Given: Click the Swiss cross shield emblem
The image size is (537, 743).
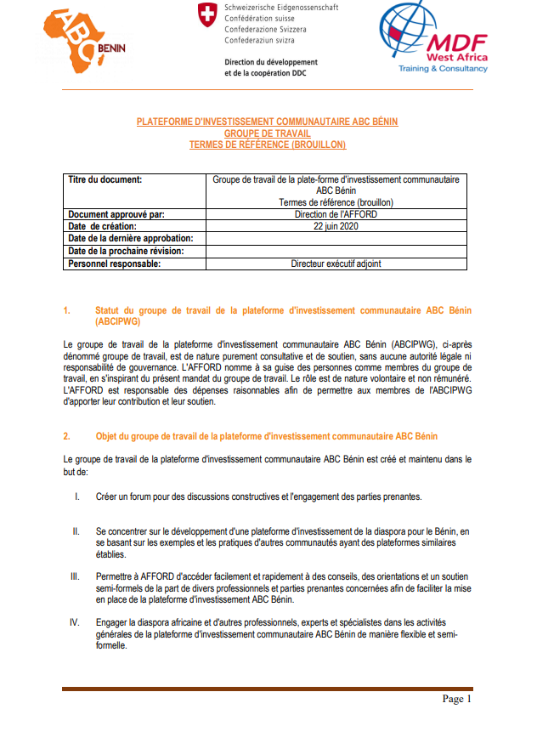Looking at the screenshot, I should (206, 14).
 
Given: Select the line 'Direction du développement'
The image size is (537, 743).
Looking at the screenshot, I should (270, 62).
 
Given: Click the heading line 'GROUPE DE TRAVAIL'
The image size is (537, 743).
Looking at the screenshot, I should (267, 133).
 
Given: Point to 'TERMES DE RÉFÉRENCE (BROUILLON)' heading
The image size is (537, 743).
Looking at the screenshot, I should (267, 145).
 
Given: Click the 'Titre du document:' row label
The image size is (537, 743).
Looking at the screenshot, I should (105, 179).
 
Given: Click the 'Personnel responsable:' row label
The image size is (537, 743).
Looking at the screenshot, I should (114, 264).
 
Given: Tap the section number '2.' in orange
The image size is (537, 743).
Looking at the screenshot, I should (67, 436).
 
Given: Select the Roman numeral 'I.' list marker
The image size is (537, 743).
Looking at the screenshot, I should (77, 496).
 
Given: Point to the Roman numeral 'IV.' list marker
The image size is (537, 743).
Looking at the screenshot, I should (75, 622).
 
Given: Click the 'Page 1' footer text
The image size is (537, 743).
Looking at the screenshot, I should (456, 699).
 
